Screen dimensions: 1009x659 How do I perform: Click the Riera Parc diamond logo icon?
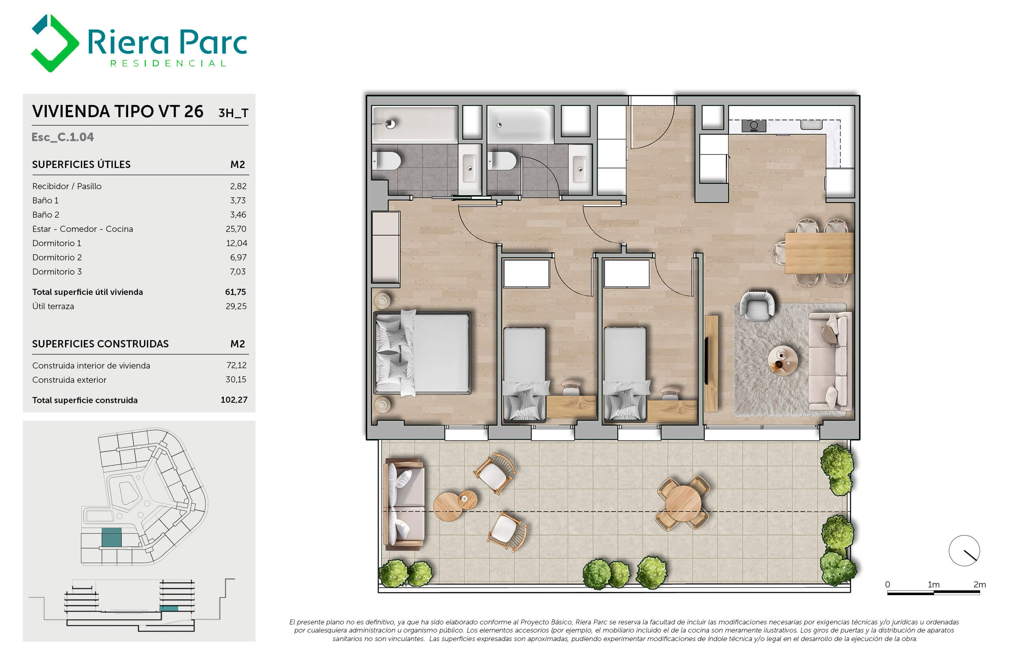(55, 43)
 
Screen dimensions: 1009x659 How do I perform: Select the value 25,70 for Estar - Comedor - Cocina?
(236, 229)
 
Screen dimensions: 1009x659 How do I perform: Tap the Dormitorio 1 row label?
(57, 243)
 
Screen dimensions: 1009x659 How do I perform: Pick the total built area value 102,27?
(234, 399)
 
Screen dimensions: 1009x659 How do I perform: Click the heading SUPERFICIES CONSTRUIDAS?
(100, 344)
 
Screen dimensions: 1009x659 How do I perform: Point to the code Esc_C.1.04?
(63, 137)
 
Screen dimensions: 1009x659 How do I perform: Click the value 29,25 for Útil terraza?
(236, 306)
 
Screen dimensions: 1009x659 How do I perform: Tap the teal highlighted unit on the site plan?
(111, 537)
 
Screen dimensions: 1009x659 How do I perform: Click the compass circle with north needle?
(964, 550)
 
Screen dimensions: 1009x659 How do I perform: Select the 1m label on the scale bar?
(934, 585)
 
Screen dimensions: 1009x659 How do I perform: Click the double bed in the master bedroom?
(423, 353)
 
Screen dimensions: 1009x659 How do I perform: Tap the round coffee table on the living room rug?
(783, 360)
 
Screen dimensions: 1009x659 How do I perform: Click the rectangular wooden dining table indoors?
(819, 253)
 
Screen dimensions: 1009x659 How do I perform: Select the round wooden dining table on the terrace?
(683, 503)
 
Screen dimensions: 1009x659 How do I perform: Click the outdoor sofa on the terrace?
(404, 504)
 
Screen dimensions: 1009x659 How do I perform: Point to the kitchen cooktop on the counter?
(754, 126)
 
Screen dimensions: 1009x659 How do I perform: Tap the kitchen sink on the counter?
(811, 124)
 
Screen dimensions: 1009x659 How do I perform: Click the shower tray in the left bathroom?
(415, 124)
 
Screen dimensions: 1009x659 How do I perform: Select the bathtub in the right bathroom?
(520, 124)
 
